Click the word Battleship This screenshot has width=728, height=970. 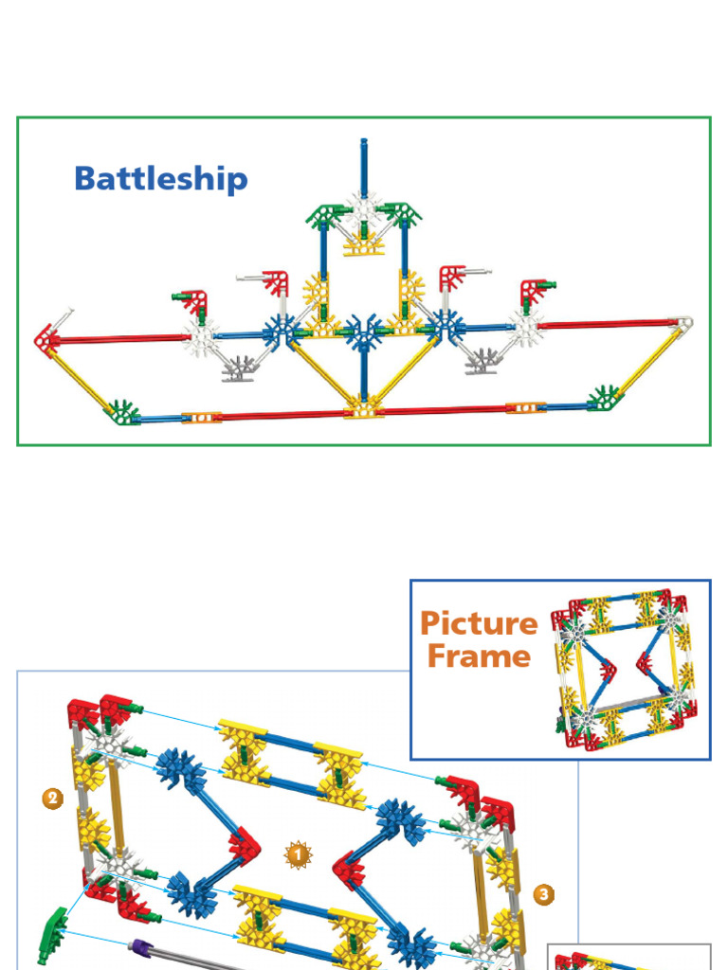point(161,179)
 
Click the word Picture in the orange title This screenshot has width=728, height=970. point(479,623)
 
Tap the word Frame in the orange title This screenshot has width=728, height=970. point(479,656)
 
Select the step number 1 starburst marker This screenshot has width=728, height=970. point(299,856)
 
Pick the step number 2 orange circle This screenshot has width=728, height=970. point(53,799)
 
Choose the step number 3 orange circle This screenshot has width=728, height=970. point(543,893)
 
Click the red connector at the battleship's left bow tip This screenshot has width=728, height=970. point(45,338)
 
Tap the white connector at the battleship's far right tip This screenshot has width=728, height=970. point(682,324)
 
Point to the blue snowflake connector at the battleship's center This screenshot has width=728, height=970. point(363,332)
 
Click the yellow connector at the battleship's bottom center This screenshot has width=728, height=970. point(363,408)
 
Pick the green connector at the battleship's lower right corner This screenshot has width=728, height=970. point(603,398)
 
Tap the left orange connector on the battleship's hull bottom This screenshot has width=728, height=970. point(201,417)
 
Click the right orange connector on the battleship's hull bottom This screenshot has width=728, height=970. point(524,408)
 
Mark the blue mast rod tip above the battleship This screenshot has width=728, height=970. point(363,144)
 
